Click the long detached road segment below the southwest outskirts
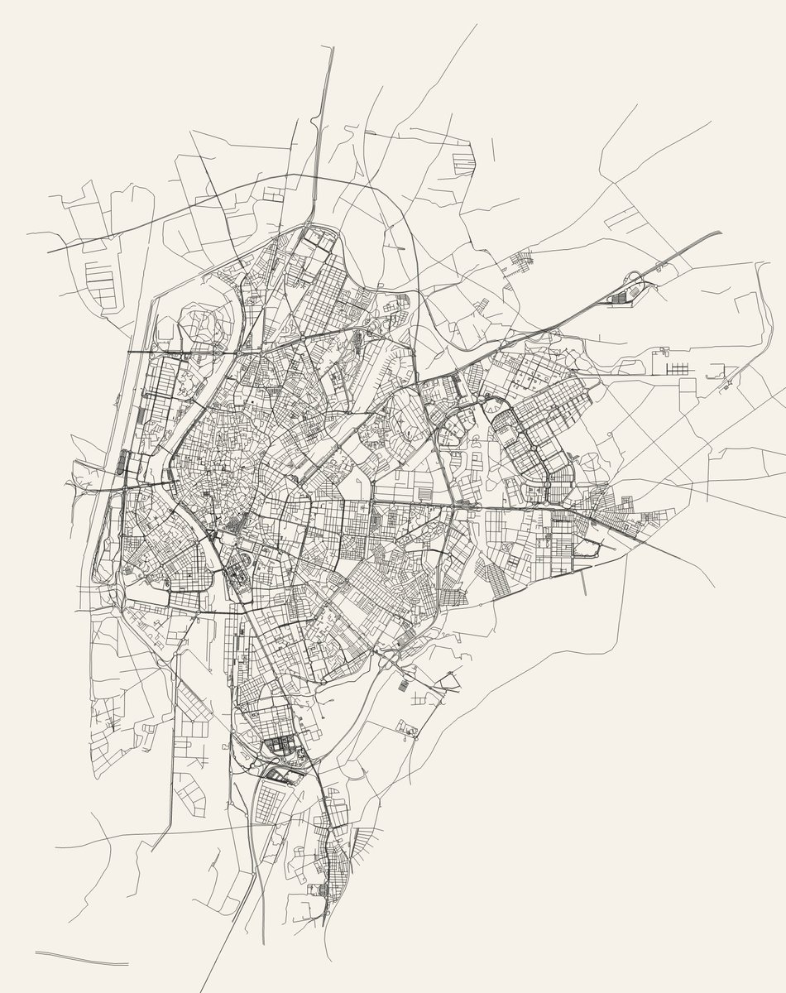point(83,960)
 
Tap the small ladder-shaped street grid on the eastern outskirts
point(678,367)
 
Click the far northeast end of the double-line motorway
point(720,232)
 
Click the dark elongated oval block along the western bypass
point(125,463)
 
